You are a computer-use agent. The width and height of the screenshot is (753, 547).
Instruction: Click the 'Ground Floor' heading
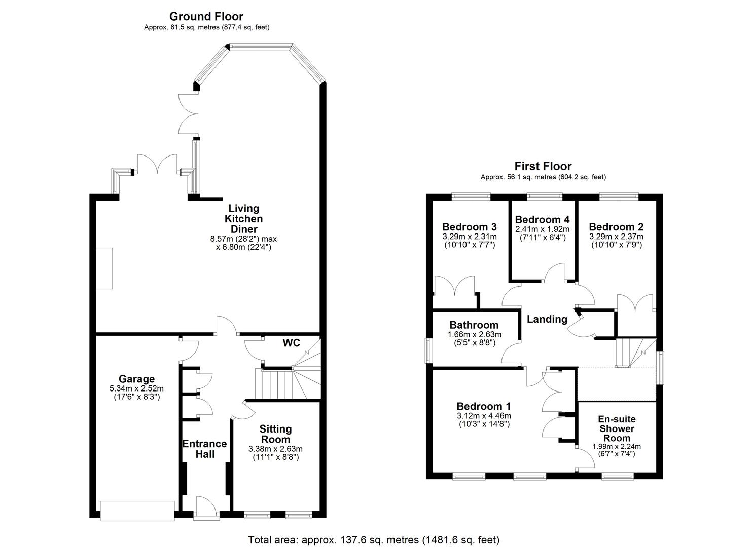tap(206, 16)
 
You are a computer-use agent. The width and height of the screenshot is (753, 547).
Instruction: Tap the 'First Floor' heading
tap(543, 166)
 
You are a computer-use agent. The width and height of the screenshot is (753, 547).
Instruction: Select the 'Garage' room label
tap(136, 379)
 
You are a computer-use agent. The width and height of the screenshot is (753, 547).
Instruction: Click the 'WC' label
tap(291, 343)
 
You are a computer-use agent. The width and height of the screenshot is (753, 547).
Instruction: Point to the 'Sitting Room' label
tap(276, 434)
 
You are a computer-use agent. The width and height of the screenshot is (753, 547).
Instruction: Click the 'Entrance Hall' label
tap(204, 449)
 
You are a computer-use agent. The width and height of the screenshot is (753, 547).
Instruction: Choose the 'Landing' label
tap(547, 319)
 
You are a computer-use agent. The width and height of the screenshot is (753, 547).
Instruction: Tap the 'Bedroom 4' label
tap(542, 220)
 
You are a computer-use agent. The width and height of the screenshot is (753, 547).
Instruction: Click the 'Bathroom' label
tap(474, 325)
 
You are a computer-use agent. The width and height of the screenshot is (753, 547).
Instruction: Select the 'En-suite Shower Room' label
tap(617, 428)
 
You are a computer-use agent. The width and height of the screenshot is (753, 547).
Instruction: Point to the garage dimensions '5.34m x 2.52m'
tap(136, 388)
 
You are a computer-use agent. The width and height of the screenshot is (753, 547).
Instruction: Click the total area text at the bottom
tap(374, 539)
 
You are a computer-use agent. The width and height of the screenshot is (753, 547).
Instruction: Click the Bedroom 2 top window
tap(619, 194)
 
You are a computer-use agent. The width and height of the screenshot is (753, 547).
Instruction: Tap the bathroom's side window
tap(427, 350)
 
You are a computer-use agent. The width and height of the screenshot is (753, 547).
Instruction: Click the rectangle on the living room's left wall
tap(104, 268)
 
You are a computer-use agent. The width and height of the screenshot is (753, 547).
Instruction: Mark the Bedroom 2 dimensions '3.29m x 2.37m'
tap(616, 237)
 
